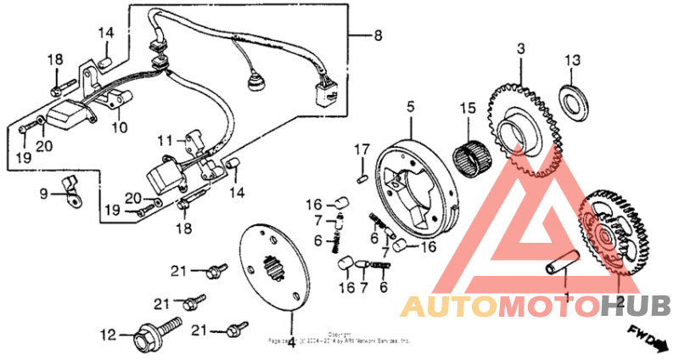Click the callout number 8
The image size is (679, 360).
[378, 35]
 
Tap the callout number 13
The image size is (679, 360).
[574, 60]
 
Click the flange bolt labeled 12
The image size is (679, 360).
[156, 334]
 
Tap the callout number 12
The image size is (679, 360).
[108, 335]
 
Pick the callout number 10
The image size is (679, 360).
[120, 127]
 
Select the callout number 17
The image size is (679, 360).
[361, 150]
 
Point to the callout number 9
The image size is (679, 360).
[43, 194]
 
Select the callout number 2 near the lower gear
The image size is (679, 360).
[620, 301]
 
